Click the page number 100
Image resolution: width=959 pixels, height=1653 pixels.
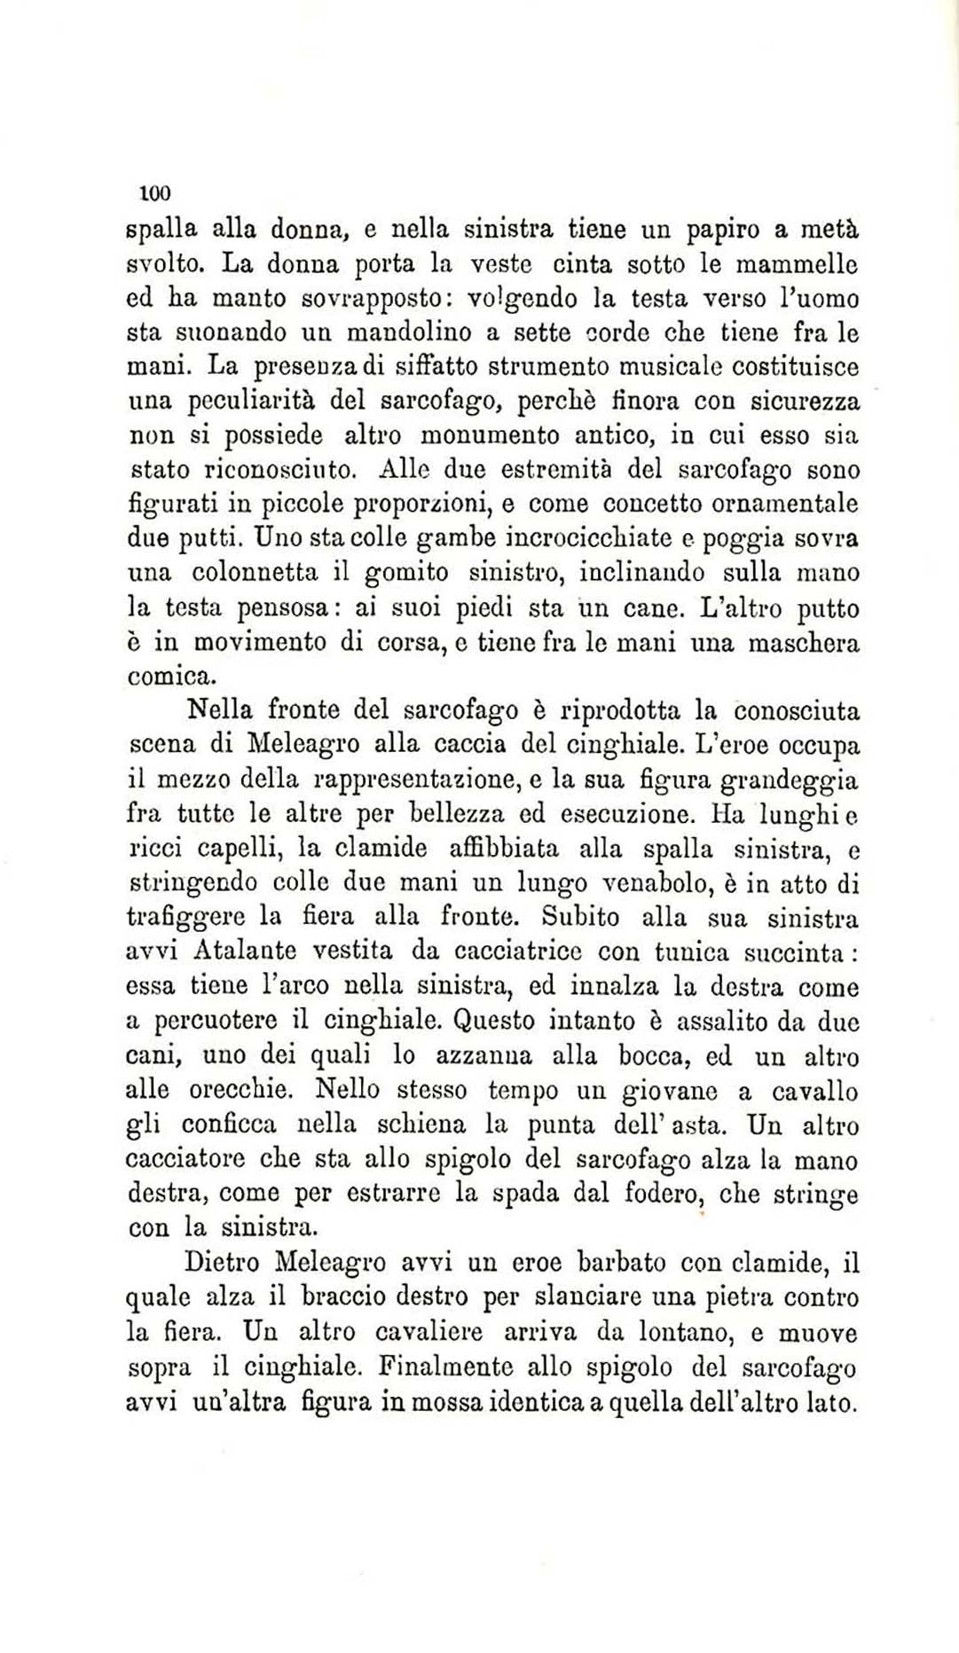[154, 192]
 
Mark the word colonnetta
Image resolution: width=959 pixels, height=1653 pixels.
[256, 573]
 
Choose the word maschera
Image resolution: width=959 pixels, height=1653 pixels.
[804, 643]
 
